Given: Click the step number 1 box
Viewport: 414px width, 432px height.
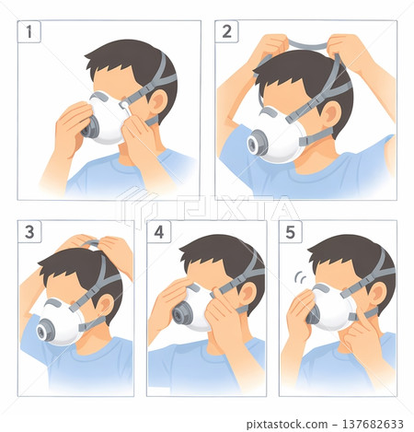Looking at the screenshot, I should click(x=33, y=33).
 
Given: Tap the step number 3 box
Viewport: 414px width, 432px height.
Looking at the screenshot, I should click(x=32, y=233).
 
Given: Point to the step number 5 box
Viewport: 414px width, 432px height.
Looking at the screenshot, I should click(x=293, y=233).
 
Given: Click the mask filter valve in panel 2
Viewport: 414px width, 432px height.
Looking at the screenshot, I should click(x=257, y=144).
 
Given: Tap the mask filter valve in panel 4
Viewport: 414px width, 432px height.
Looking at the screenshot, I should click(x=182, y=315).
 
